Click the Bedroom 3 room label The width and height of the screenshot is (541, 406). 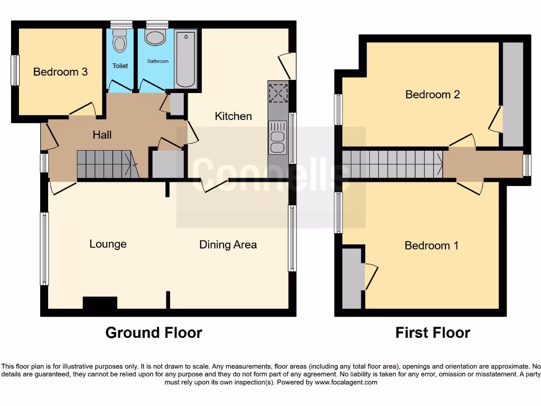coord(60,72)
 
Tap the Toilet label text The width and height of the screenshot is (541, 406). coord(120,66)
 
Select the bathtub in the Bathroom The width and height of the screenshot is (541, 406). coord(185,59)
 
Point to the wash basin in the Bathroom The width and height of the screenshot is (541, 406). coord(155,38)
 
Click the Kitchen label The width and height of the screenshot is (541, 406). coord(233,116)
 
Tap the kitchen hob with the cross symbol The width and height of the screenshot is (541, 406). coord(277,93)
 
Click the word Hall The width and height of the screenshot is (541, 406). coord(102,135)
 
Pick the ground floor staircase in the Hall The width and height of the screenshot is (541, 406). coord(106,164)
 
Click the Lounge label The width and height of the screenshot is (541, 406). coord(108,244)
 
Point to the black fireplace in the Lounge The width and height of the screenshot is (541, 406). coord(100,303)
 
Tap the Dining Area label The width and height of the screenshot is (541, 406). coord(228,245)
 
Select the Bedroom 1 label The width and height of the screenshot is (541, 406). coord(431,246)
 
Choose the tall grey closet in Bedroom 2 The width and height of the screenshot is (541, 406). coord(512,94)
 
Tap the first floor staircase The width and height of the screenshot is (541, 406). coord(393,164)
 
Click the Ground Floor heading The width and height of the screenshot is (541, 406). coord(153,333)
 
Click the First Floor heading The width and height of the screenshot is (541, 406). coord(432,333)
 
